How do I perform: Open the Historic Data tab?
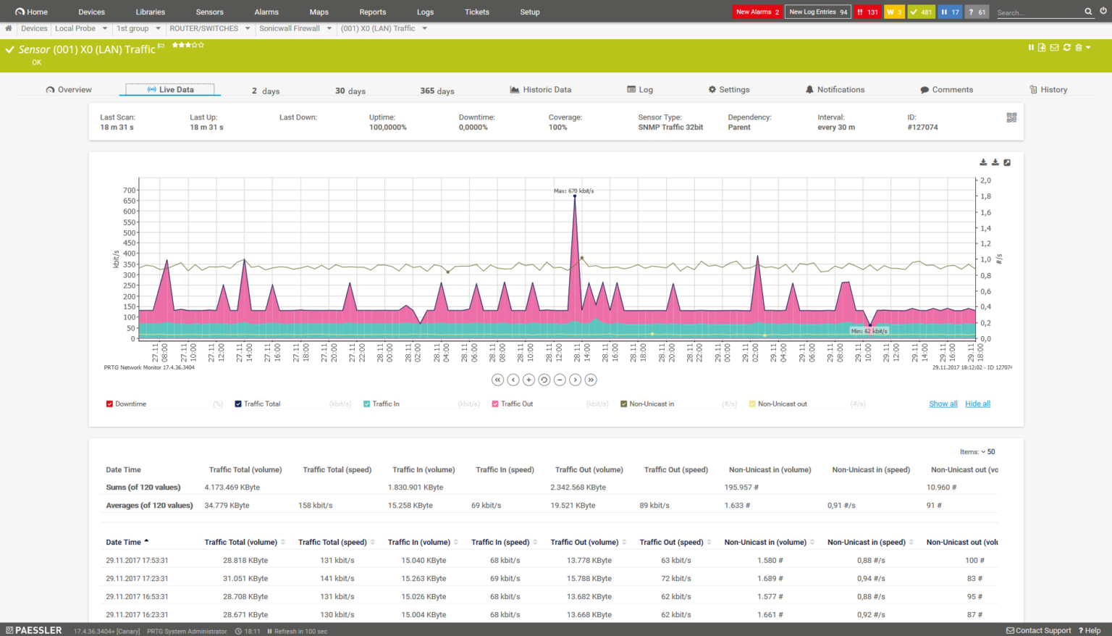pyautogui.click(x=541, y=90)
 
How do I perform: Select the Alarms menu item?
pyautogui.click(x=266, y=12)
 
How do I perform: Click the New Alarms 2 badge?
pyautogui.click(x=757, y=12)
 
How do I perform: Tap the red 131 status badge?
pyautogui.click(x=867, y=12)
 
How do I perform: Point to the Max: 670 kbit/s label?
pyautogui.click(x=573, y=191)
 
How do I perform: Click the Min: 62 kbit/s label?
pyautogui.click(x=869, y=331)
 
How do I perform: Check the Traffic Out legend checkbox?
pyautogui.click(x=495, y=404)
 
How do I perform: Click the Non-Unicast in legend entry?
pyautogui.click(x=651, y=404)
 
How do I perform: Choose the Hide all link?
pyautogui.click(x=977, y=404)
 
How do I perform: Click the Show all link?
pyautogui.click(x=943, y=404)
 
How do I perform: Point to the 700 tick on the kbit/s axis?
pyautogui.click(x=129, y=191)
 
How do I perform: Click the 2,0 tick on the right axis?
pyautogui.click(x=985, y=180)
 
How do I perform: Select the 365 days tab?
pyautogui.click(x=437, y=91)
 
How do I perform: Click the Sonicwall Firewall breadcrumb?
pyautogui.click(x=290, y=29)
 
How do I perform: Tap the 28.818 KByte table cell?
pyautogui.click(x=245, y=561)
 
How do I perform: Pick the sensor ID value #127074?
pyautogui.click(x=922, y=127)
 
